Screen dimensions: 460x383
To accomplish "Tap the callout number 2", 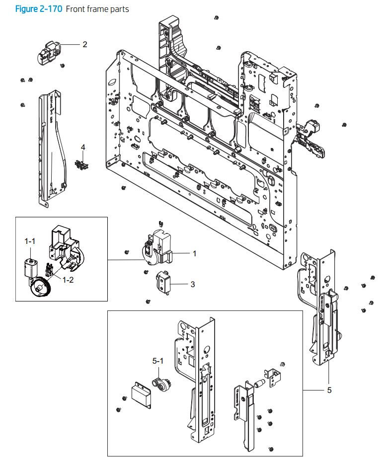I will [x=85, y=44].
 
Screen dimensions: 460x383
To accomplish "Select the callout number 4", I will [x=83, y=147].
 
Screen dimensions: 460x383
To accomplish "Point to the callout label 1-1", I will [x=30, y=241].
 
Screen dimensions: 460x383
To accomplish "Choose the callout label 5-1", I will [x=157, y=361].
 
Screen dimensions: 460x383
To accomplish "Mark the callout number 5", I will [x=329, y=390].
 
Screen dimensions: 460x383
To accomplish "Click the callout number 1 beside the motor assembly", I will [x=194, y=253].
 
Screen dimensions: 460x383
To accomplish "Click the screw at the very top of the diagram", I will [x=217, y=18].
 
